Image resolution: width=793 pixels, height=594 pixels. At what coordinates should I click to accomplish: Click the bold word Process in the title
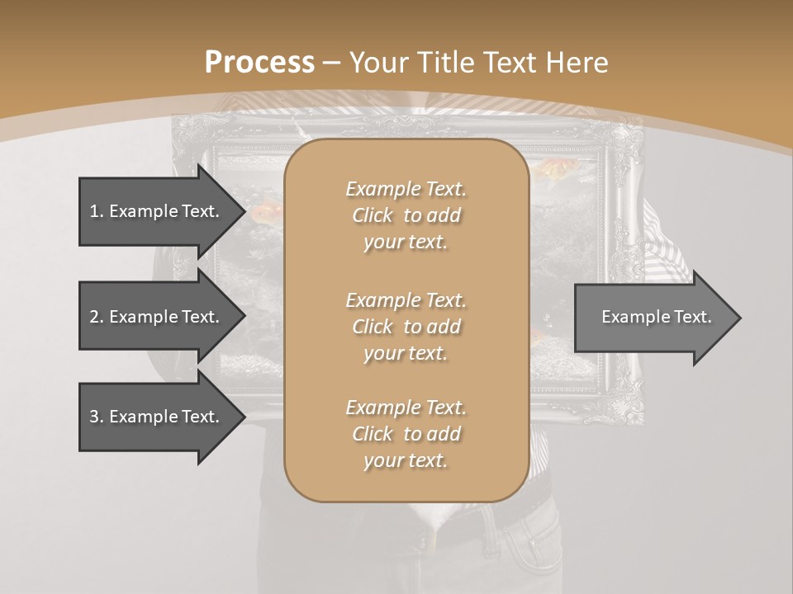pos(259,63)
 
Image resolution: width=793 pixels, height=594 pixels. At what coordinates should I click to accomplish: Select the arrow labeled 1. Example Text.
pos(157,211)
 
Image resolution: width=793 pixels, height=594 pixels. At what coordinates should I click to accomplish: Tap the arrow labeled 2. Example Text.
pos(157,317)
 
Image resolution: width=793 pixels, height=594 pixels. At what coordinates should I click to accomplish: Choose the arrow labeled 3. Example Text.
pos(157,417)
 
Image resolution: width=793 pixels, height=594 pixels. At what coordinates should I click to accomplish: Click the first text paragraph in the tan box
pos(406,215)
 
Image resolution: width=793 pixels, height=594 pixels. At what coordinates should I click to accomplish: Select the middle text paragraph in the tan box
pos(406,327)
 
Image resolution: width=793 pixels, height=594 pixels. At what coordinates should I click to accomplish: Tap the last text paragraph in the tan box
pos(406,434)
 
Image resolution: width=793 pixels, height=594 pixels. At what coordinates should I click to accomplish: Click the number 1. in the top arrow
pos(97,211)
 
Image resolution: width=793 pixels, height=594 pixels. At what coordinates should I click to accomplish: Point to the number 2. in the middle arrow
pos(97,317)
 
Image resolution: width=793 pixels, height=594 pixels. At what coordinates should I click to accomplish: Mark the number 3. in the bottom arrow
pos(97,417)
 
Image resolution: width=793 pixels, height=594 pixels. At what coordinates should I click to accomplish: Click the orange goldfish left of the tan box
pos(266,214)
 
